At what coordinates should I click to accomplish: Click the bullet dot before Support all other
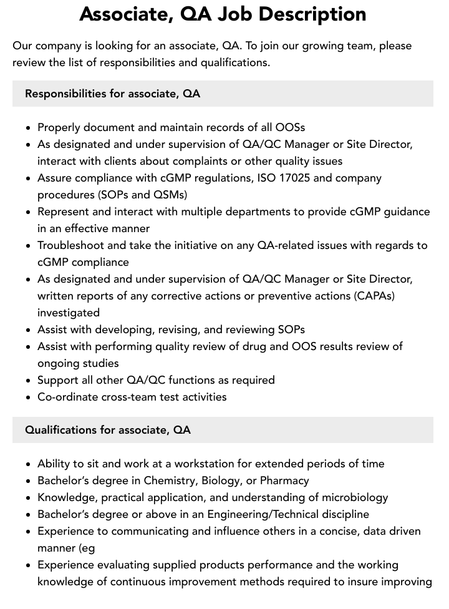coord(29,381)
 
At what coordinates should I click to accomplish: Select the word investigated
coord(69,312)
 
